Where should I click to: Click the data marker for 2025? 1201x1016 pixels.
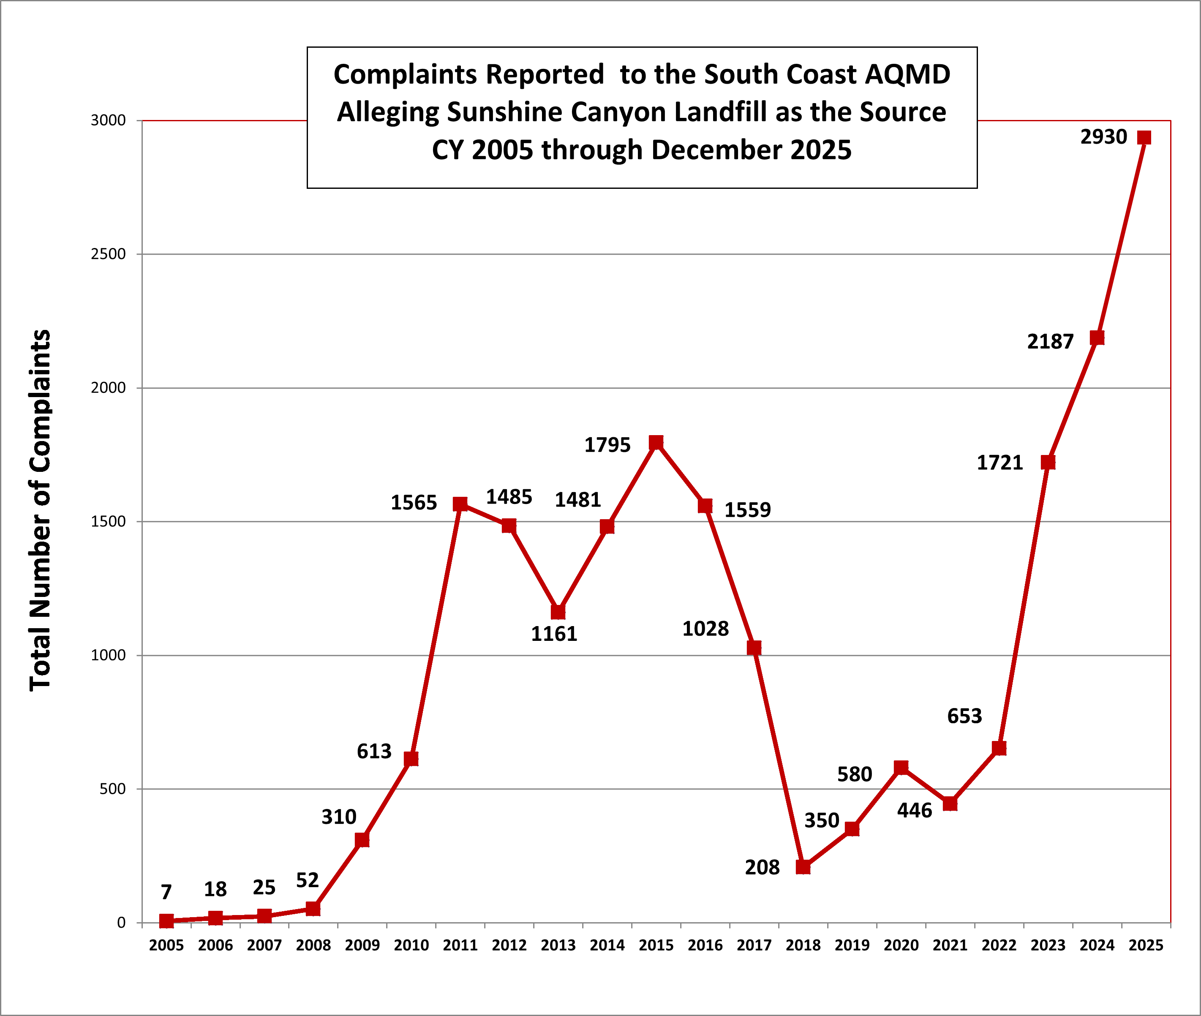pyautogui.click(x=1144, y=138)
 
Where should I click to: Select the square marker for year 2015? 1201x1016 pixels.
pyautogui.click(x=656, y=442)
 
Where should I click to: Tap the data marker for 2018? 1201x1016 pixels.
pyautogui.click(x=803, y=867)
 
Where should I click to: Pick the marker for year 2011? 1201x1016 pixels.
pyautogui.click(x=460, y=504)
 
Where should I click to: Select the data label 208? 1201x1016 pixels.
pyautogui.click(x=762, y=867)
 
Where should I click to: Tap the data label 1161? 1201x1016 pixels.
pyautogui.click(x=553, y=634)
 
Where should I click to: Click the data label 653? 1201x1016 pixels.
pyautogui.click(x=964, y=716)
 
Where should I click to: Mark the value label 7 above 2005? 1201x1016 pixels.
pyautogui.click(x=166, y=892)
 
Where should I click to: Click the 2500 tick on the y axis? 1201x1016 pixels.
pyautogui.click(x=108, y=254)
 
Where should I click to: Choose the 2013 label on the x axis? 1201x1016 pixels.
pyautogui.click(x=558, y=945)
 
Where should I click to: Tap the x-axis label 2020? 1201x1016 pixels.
pyautogui.click(x=901, y=945)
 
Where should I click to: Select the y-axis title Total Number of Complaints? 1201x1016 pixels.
pyautogui.click(x=40, y=510)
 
